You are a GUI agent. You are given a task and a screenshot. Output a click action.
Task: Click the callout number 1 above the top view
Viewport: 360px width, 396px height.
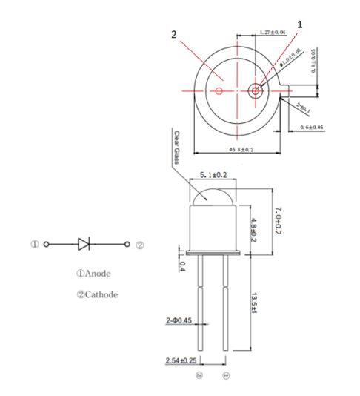(300, 24)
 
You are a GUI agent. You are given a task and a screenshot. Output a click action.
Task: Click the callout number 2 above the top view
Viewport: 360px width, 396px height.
(174, 35)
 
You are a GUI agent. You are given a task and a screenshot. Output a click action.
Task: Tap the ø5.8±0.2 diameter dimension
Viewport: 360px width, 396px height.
(238, 151)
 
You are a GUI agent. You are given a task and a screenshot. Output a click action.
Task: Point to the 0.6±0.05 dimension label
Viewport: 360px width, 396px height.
(312, 128)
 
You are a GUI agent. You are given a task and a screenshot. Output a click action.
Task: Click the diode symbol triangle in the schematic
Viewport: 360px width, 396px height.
(84, 243)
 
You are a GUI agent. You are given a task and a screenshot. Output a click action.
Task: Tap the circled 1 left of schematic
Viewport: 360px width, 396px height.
(34, 243)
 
